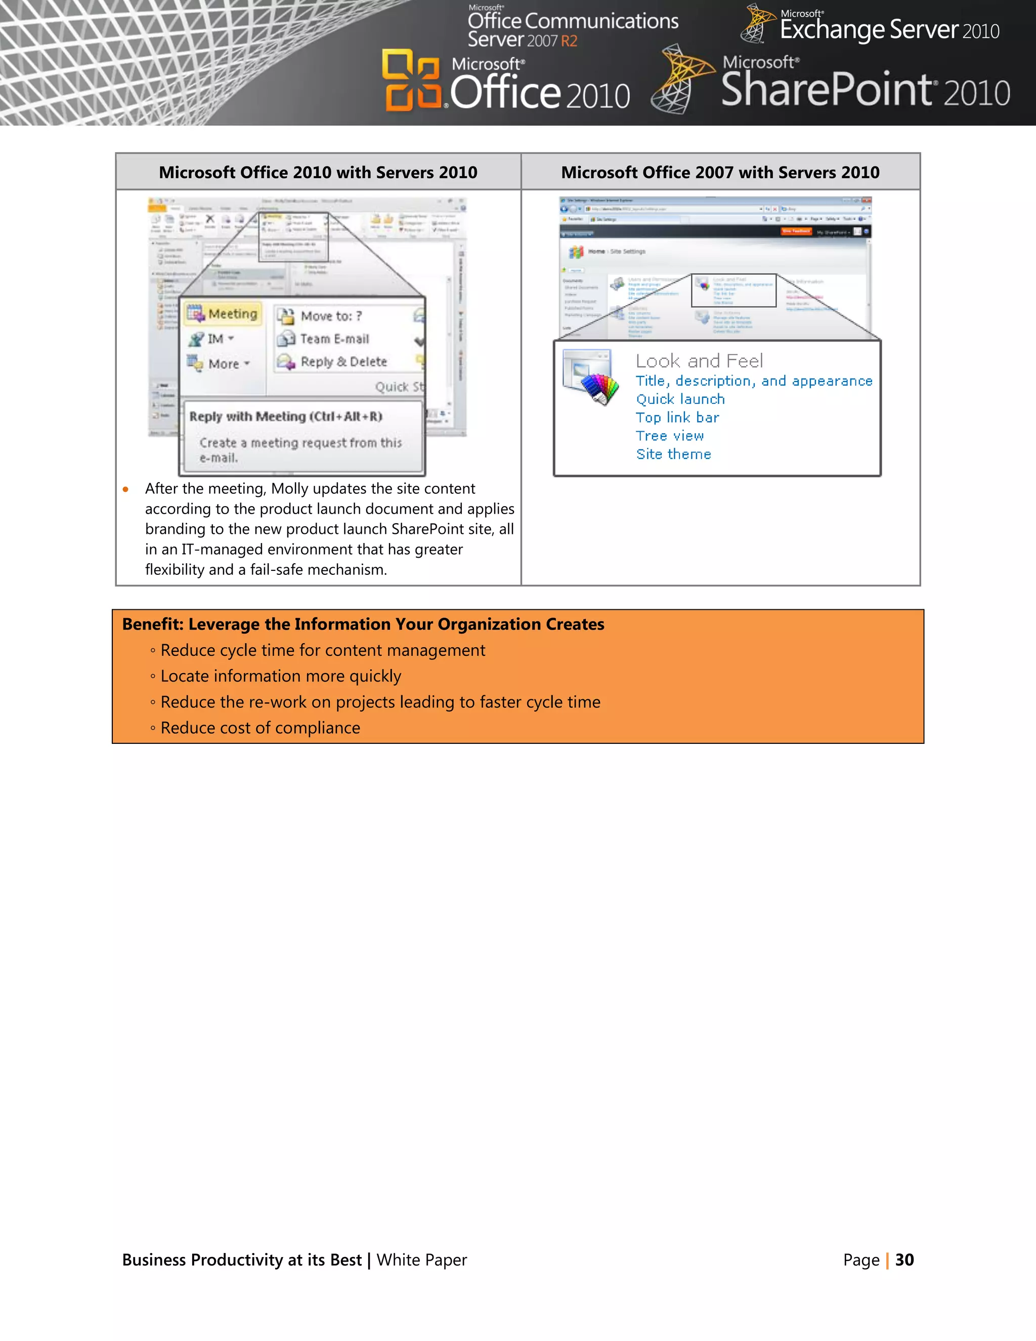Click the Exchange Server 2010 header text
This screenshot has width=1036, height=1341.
[889, 29]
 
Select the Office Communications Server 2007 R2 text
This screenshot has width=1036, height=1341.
[572, 29]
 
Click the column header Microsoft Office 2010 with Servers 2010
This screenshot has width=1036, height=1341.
[318, 173]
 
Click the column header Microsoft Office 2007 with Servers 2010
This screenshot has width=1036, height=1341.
[720, 173]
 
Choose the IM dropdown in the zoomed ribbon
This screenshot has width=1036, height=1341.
[212, 339]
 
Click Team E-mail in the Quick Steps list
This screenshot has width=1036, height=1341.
[334, 339]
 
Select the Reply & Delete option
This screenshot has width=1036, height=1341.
[343, 362]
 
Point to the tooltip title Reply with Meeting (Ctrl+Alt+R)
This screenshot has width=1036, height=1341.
[285, 416]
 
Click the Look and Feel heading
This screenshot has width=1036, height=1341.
[699, 361]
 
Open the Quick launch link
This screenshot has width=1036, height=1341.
[680, 399]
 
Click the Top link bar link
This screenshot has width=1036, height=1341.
[677, 417]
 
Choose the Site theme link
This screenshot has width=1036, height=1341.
[673, 454]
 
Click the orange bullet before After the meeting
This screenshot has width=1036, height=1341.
[126, 489]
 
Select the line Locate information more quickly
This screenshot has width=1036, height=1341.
[280, 676]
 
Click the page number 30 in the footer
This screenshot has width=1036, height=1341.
[904, 1260]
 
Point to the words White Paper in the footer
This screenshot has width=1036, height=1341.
[422, 1260]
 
